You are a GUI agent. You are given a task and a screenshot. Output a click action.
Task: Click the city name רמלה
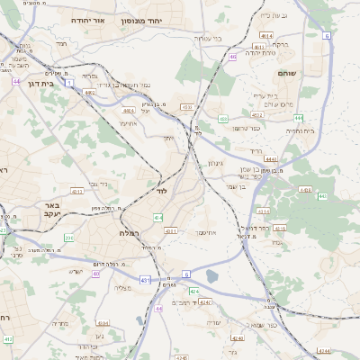(x=128, y=232)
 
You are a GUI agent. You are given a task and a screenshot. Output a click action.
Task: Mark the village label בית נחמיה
(x=300, y=130)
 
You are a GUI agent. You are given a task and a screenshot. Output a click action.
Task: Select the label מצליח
(x=123, y=286)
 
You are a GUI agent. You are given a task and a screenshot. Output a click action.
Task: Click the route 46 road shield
(x=232, y=57)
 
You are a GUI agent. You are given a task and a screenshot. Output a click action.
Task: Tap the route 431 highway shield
(x=145, y=281)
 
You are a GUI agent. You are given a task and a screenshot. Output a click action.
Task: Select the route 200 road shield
(x=69, y=238)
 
